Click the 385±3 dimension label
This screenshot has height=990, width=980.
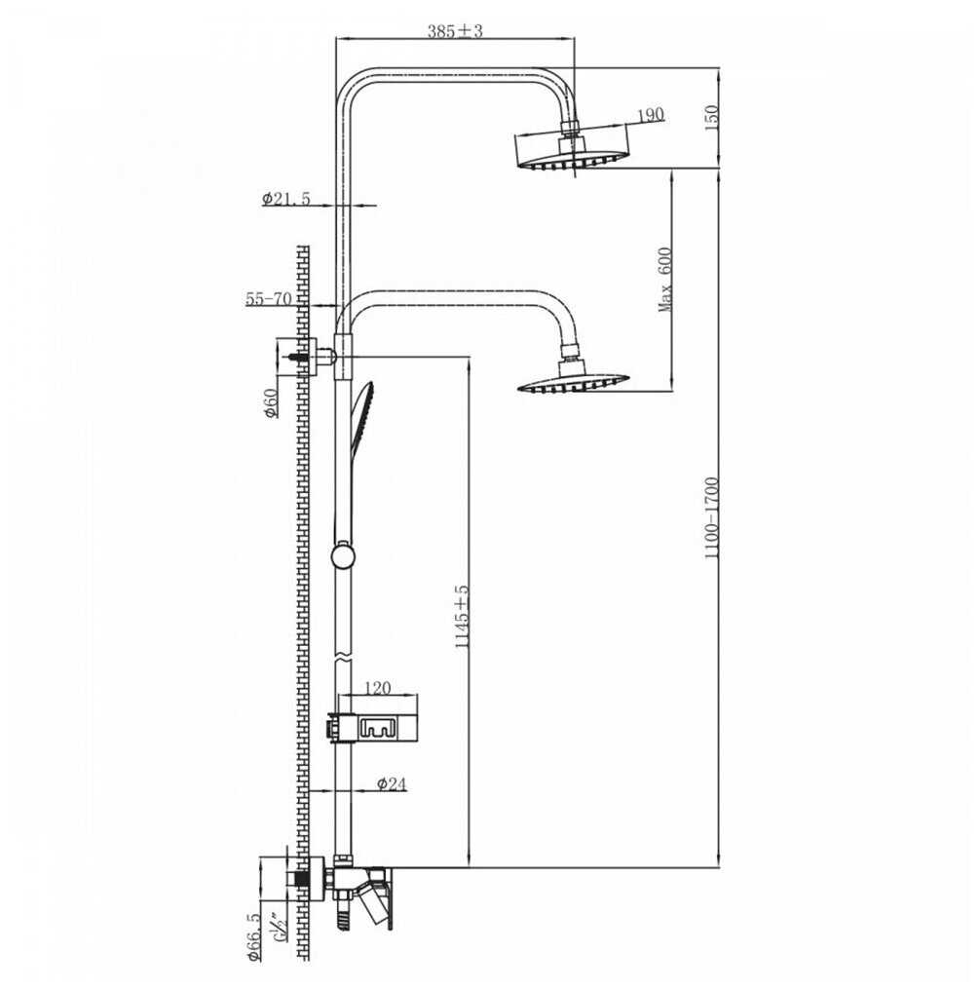coord(454,30)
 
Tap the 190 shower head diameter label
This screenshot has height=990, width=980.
coord(651,115)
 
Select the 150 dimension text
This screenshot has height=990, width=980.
coord(711,118)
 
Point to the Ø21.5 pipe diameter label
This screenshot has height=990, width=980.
coord(286,198)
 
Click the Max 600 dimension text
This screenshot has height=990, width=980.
coord(665,279)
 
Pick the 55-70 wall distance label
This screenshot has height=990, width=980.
coord(269,298)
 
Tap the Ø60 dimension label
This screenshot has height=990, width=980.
coord(270,402)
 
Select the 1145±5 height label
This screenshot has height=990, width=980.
coord(462,616)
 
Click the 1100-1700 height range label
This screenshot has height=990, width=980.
coord(711,517)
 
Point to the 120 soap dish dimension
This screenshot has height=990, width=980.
coord(377,688)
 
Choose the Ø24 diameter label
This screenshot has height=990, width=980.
coord(392,784)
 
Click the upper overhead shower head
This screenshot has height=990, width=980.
coord(573,148)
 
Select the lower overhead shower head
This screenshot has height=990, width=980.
coord(573,377)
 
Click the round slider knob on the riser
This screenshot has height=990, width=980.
coord(343,555)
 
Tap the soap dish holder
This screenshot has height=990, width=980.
coord(372,727)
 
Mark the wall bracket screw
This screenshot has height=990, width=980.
coord(299,358)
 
